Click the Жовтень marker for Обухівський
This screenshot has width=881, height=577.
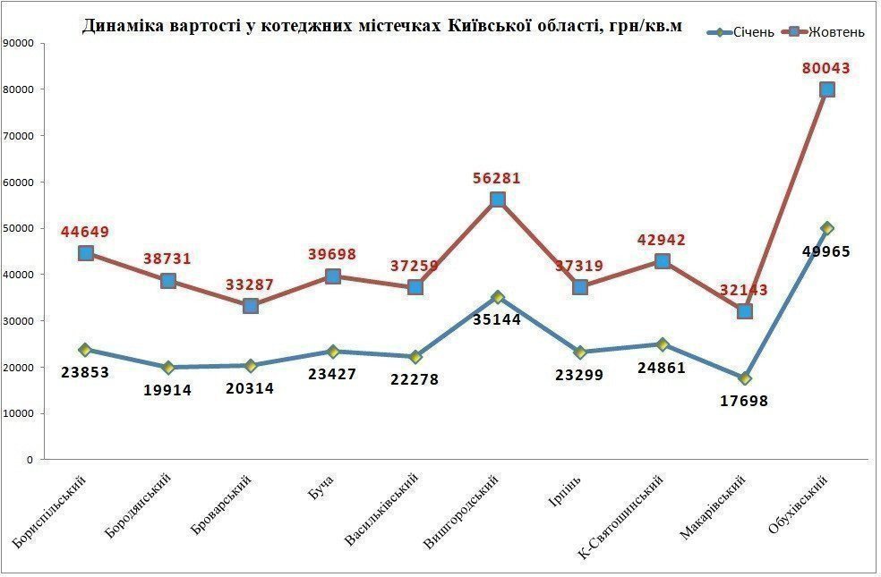827,89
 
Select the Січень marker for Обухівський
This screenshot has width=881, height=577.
827,228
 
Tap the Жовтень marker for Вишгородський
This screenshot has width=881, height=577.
498,199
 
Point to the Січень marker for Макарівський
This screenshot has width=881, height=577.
745,378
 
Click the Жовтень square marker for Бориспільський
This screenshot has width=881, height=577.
86,253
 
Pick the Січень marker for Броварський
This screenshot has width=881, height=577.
251,365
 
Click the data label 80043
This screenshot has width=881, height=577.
826,68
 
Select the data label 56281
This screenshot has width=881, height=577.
497,179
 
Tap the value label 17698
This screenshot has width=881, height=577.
744,401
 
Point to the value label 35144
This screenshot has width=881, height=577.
498,318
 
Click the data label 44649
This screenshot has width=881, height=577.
85,232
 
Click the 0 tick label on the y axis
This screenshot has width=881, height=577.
30,460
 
